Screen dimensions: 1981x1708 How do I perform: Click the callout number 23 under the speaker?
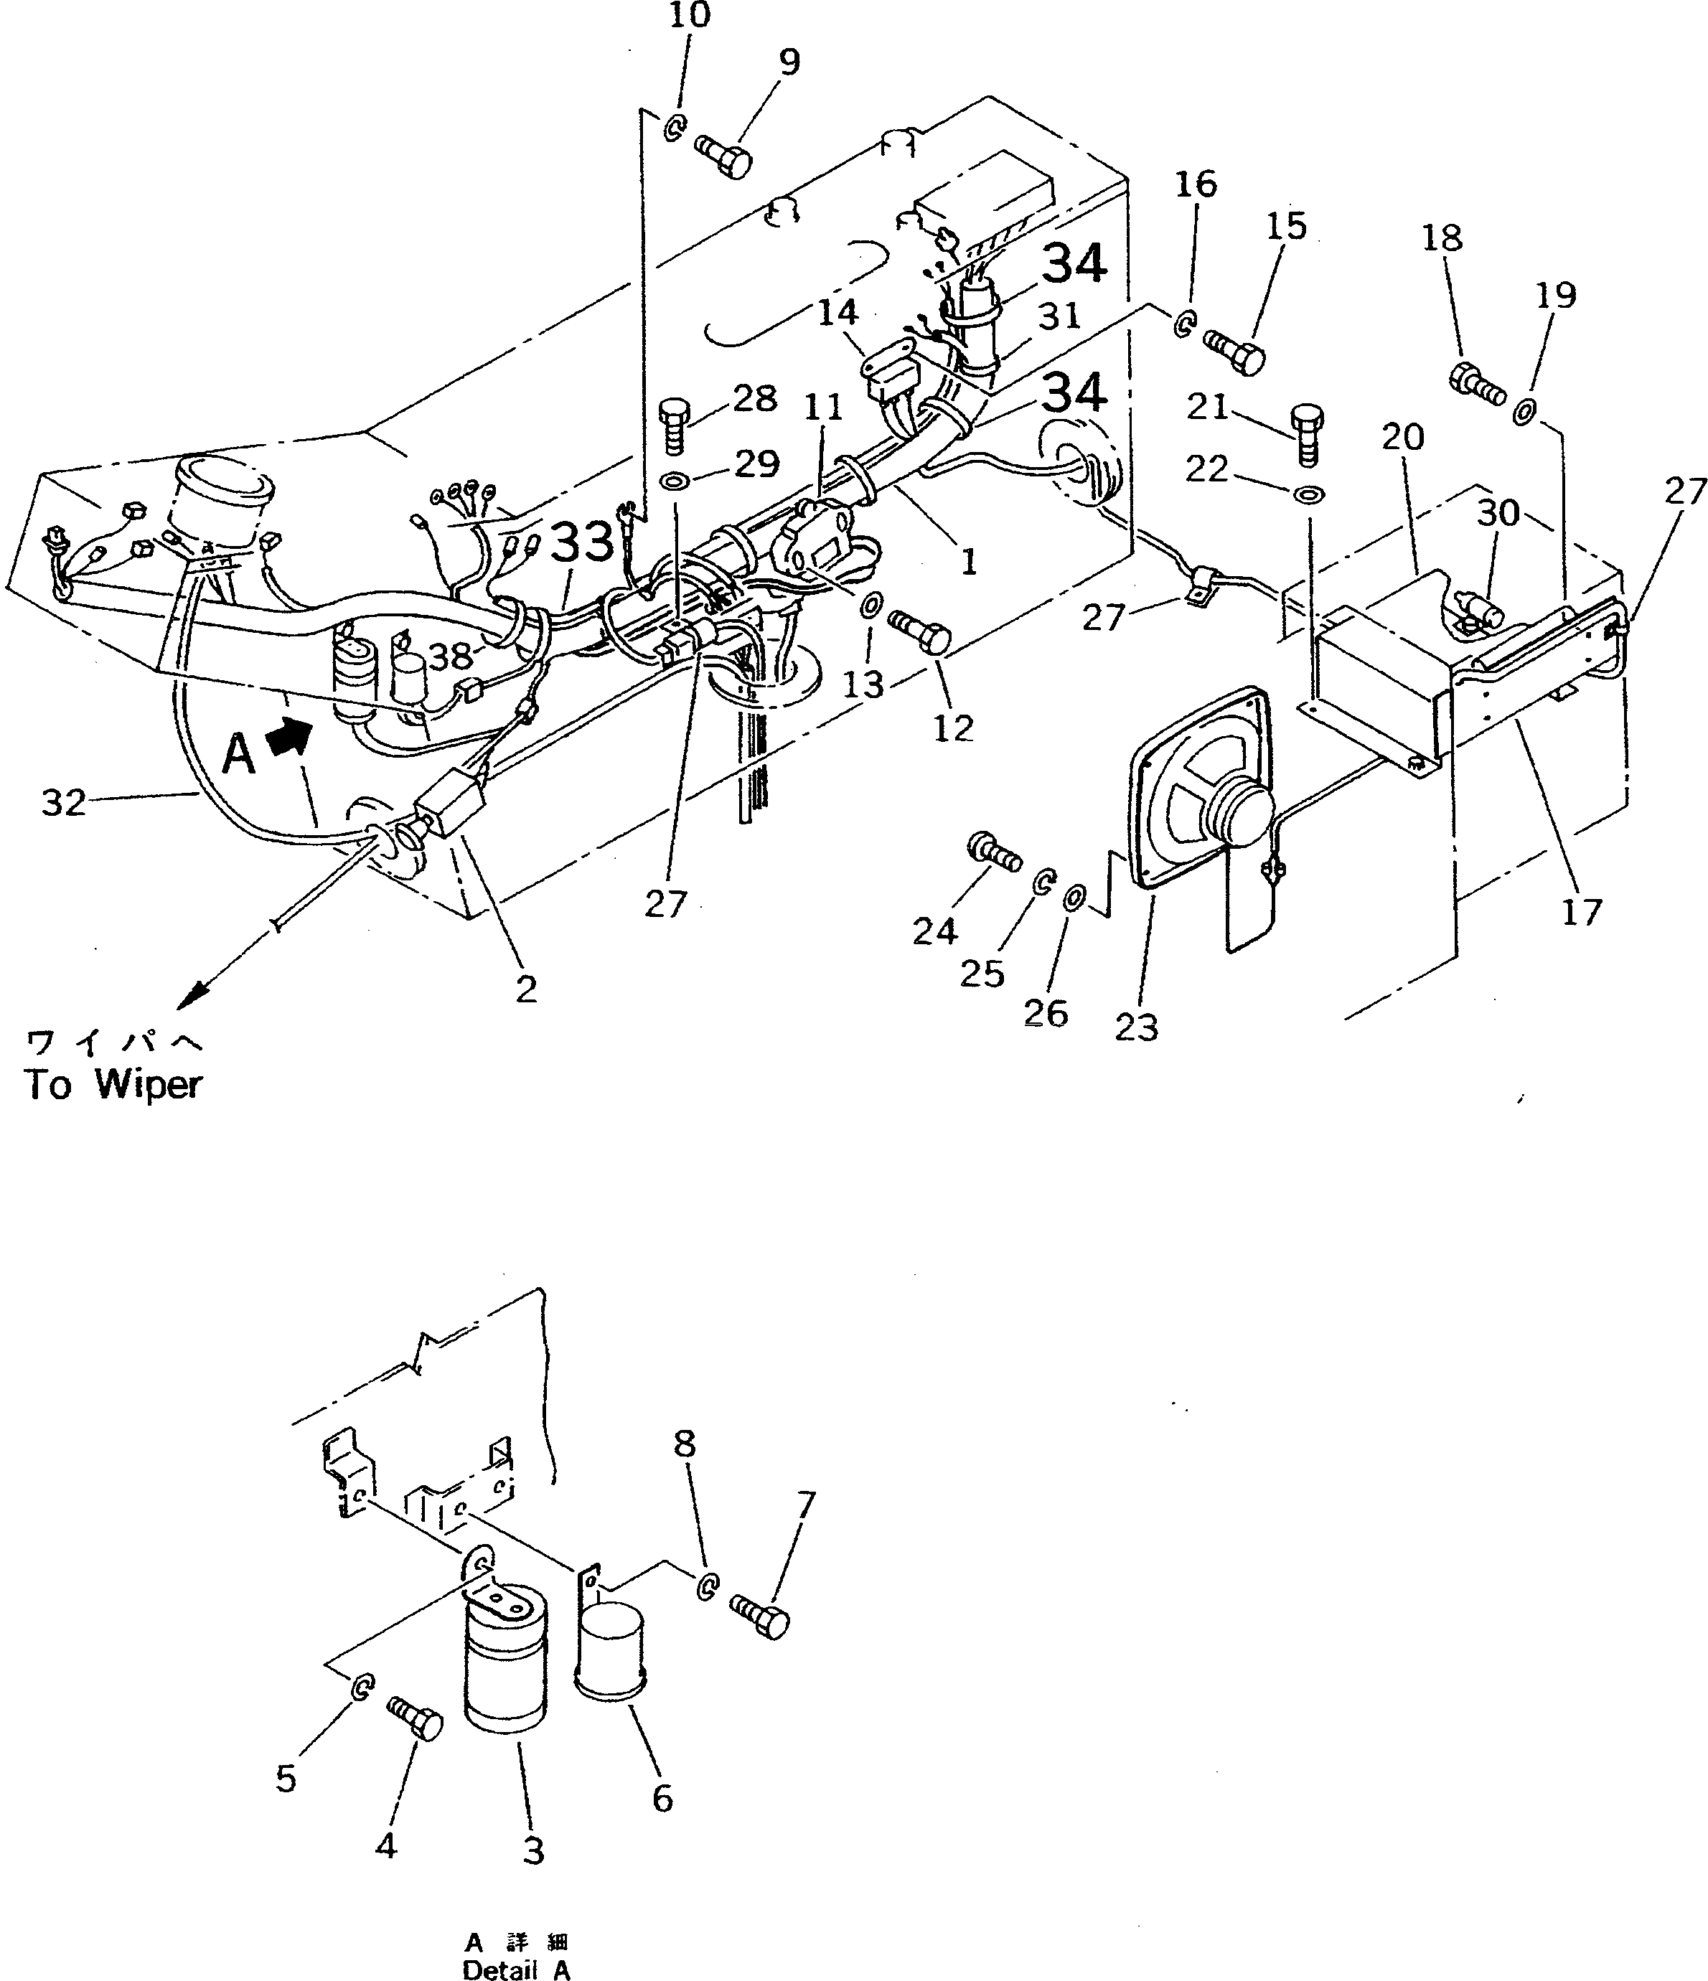(x=1136, y=1027)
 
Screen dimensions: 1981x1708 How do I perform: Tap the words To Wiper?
(x=113, y=1085)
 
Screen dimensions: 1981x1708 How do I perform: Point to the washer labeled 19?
(x=1524, y=414)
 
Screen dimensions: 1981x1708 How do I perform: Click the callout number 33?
(x=583, y=542)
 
